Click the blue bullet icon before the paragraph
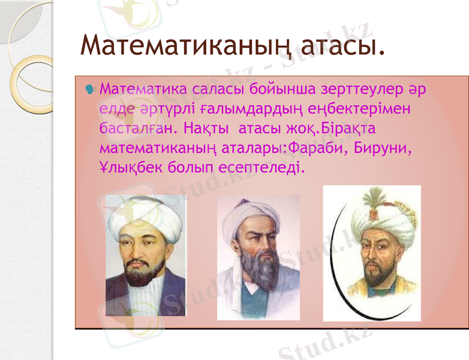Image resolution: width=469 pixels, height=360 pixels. (x=89, y=90)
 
